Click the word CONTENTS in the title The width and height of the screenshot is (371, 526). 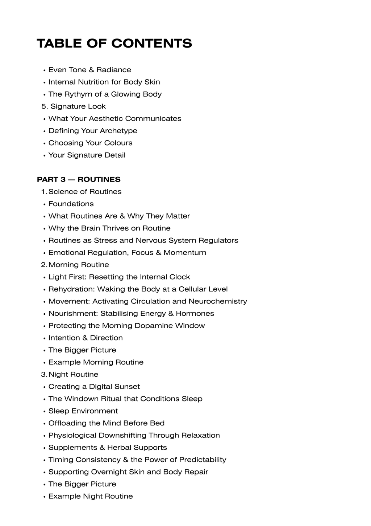click(151, 44)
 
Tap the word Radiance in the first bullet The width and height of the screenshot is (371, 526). click(114, 70)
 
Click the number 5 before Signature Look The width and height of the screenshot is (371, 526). click(44, 106)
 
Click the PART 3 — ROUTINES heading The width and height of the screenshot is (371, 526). click(79, 179)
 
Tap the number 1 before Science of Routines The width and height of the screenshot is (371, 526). click(43, 192)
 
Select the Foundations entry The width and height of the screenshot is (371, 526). click(71, 204)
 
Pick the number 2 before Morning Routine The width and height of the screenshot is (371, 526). click(43, 265)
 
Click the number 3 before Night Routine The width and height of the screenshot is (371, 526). click(43, 375)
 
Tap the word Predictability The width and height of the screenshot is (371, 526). click(203, 460)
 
